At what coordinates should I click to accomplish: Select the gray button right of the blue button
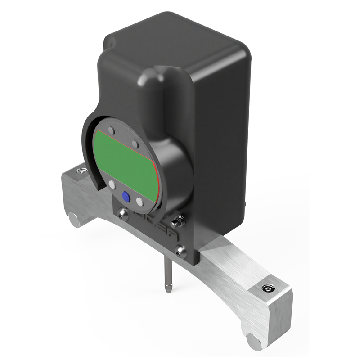click(x=140, y=202)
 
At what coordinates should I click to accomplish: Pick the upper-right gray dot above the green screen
click(x=135, y=144)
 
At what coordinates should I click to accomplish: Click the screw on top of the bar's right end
click(x=270, y=288)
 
